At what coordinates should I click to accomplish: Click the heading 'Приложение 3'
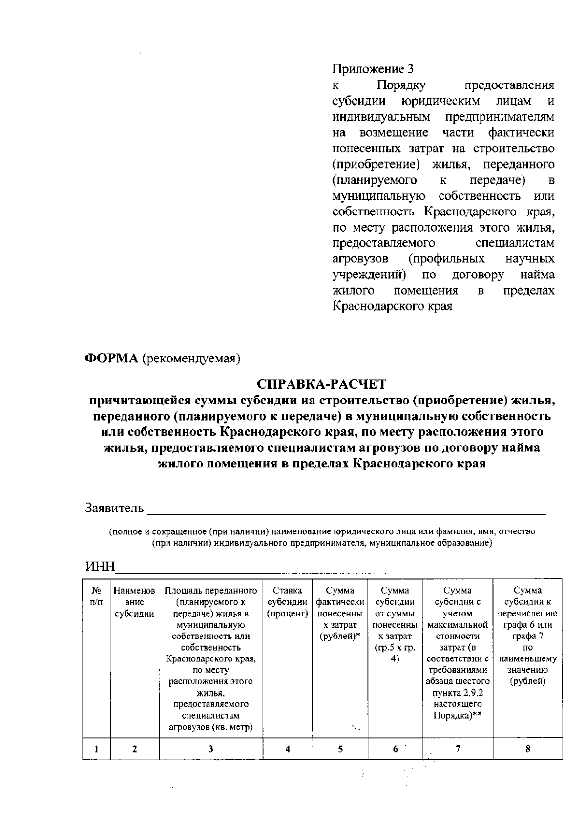(x=373, y=69)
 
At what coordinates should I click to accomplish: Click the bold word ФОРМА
(x=112, y=358)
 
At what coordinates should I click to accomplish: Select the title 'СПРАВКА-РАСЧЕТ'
(x=322, y=384)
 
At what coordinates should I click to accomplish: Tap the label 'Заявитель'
(x=115, y=508)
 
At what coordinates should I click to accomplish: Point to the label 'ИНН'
(x=100, y=567)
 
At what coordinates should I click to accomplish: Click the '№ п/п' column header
(x=97, y=596)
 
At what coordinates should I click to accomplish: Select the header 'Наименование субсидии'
(x=135, y=602)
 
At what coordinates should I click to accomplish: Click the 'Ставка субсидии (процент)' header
(x=288, y=602)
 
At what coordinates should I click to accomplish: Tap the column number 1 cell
(x=96, y=749)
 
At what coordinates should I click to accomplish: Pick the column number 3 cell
(x=211, y=749)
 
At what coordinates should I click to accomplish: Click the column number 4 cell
(x=288, y=749)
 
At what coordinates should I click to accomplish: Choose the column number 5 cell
(x=340, y=749)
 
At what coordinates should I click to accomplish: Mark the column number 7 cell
(x=458, y=749)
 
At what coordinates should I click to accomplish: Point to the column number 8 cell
(x=528, y=749)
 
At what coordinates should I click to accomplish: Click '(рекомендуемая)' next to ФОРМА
(x=191, y=359)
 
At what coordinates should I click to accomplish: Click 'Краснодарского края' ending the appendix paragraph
(x=392, y=306)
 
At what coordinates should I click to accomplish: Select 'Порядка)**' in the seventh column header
(x=458, y=716)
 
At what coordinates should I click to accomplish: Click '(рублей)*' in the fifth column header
(x=340, y=637)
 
